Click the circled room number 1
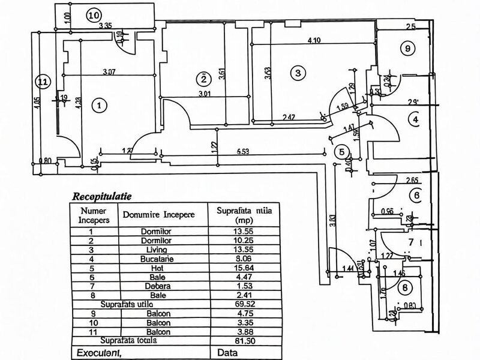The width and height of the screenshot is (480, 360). (100, 105)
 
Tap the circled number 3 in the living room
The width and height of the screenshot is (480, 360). (296, 73)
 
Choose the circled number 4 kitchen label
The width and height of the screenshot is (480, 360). (415, 119)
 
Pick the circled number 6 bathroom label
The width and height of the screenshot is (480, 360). (416, 195)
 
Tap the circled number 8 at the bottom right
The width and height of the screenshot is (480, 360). (407, 289)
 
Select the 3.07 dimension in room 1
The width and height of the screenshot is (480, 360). (108, 73)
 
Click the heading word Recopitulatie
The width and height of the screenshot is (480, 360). (103, 195)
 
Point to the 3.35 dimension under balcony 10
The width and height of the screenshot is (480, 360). (106, 25)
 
